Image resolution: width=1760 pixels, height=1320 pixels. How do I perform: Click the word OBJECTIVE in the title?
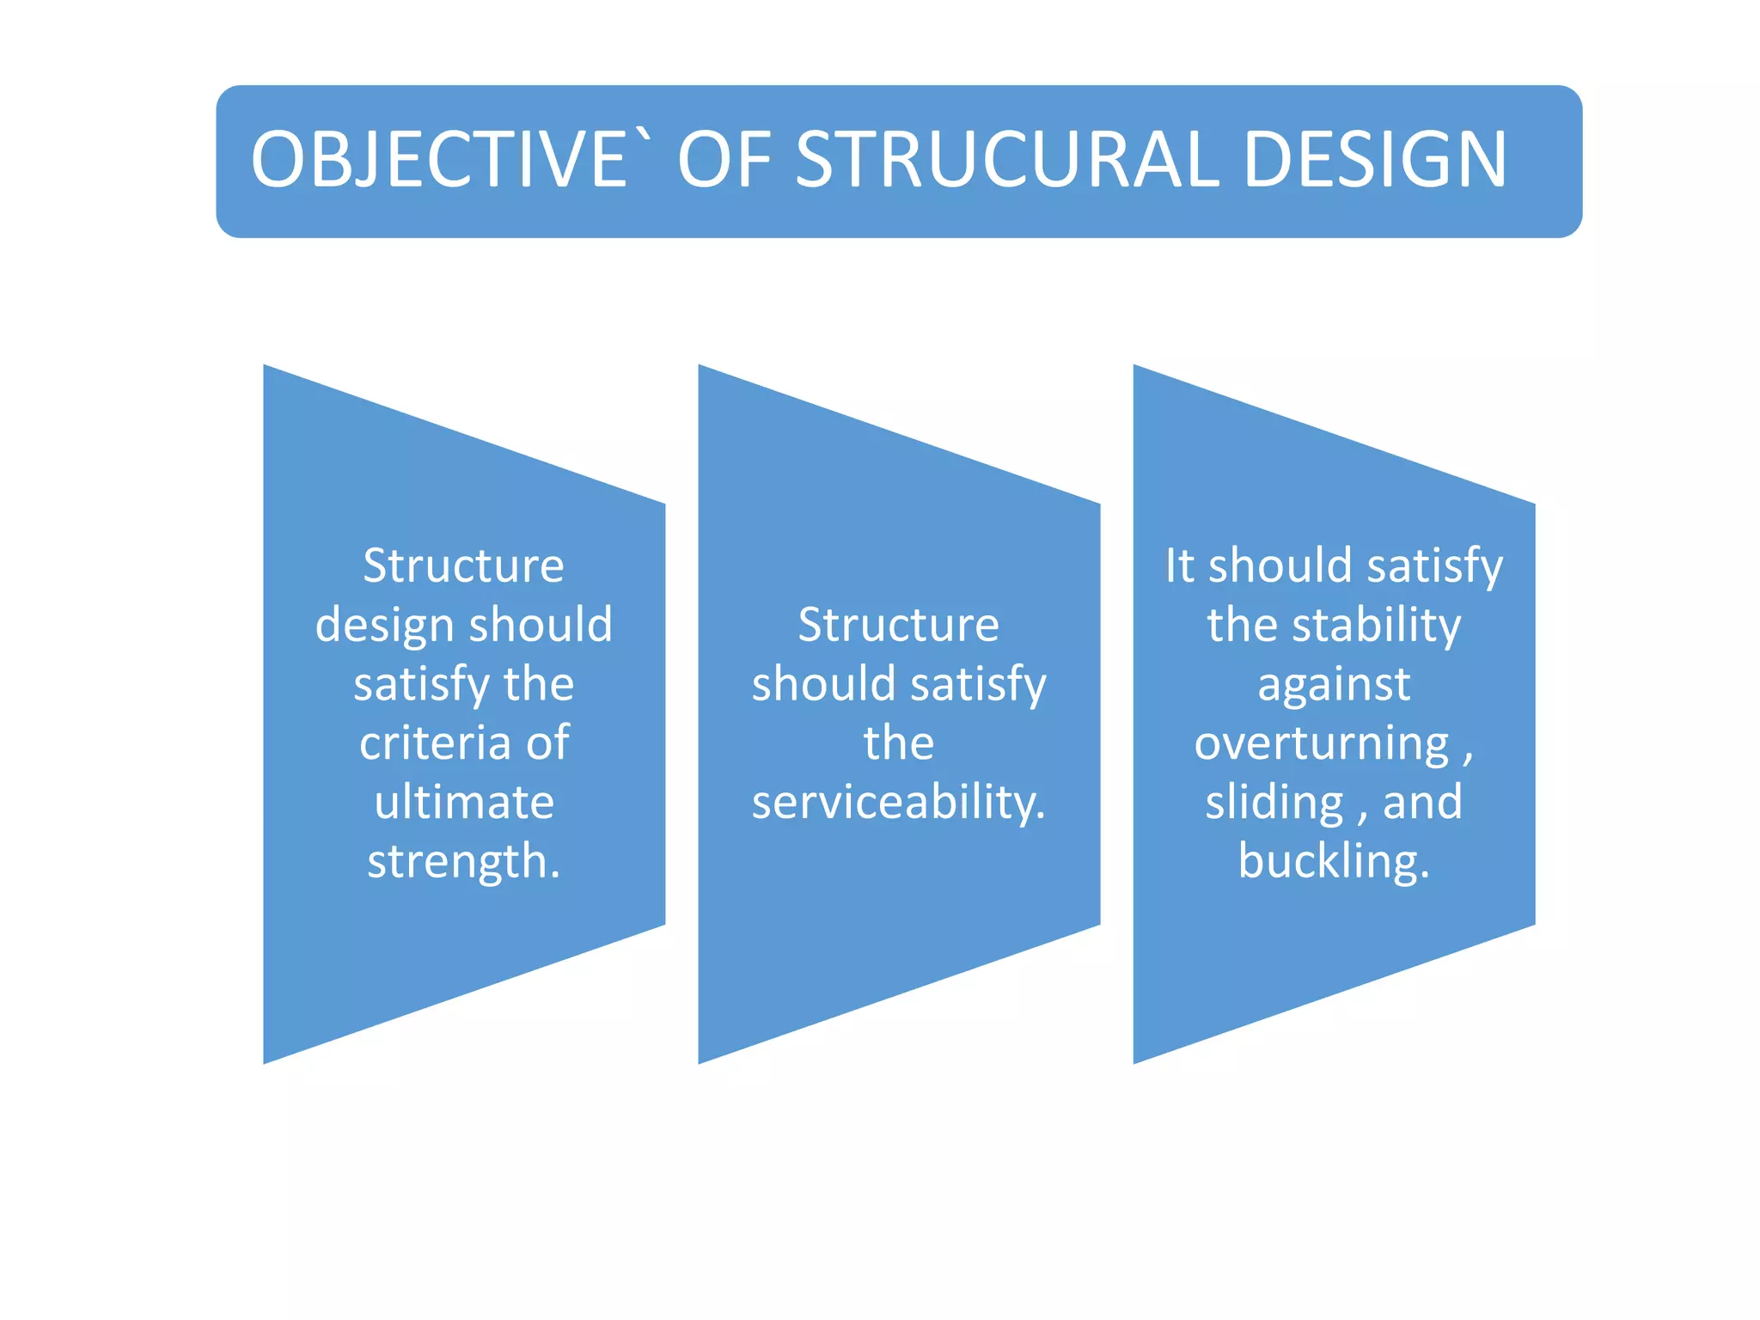point(438,161)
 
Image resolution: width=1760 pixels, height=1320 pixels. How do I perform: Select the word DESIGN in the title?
point(1375,161)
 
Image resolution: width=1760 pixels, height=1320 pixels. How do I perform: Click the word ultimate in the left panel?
point(464,803)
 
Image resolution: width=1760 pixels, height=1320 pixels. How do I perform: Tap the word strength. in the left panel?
point(464,862)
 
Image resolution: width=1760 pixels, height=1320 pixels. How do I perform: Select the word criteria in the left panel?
point(434,742)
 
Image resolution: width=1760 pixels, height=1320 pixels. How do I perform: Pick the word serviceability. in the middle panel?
point(899,803)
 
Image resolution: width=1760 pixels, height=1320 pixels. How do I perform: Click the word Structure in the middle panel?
point(899,625)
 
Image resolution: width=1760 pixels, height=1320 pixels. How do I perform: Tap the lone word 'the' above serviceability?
point(899,742)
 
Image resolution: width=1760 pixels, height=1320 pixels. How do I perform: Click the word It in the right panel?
point(1179,566)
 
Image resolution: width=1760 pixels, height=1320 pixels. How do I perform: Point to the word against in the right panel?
point(1334,685)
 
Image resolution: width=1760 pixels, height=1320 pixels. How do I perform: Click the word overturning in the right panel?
point(1322,743)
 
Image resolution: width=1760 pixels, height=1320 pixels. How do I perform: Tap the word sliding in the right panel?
point(1274,803)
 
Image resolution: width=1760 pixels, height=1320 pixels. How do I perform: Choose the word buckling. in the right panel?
point(1334,862)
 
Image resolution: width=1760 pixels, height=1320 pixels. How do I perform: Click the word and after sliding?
point(1422,803)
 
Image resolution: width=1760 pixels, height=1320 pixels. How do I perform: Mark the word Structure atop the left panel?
point(464,566)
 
